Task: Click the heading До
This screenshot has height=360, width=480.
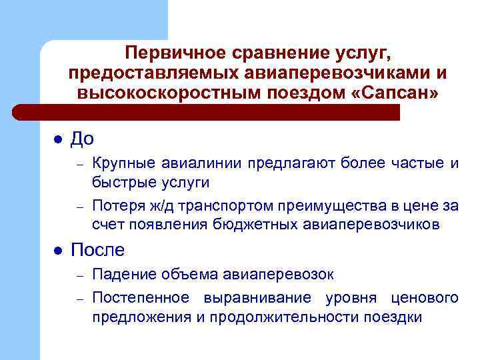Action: tap(82, 139)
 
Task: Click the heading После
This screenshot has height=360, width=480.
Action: tap(97, 250)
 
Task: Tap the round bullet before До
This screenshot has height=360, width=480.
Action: tap(57, 139)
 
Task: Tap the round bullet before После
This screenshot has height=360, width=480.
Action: tap(57, 251)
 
